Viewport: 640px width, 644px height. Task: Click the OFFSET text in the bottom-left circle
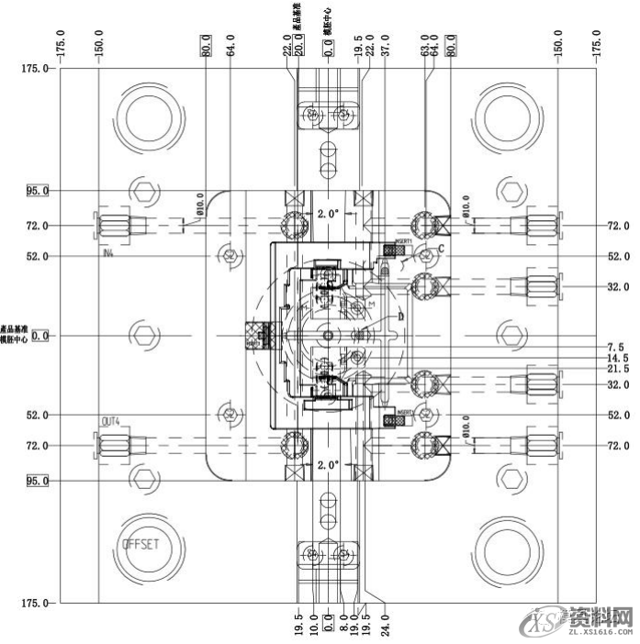140,544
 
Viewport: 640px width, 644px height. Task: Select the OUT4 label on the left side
111,422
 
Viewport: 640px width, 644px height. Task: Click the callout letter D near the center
400,316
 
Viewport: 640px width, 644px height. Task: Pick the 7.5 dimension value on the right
617,347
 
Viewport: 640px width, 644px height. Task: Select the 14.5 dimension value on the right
617,358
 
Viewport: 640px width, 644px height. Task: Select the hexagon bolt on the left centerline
141,336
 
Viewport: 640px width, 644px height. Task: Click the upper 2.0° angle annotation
328,213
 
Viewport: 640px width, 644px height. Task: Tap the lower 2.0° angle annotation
328,464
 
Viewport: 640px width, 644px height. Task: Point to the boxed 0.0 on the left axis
40,337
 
